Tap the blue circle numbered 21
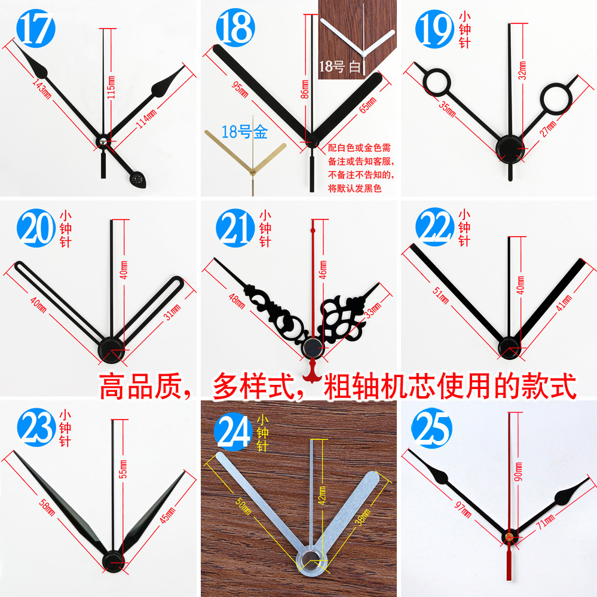235,227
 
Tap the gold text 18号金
244,132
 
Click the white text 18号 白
340,66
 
